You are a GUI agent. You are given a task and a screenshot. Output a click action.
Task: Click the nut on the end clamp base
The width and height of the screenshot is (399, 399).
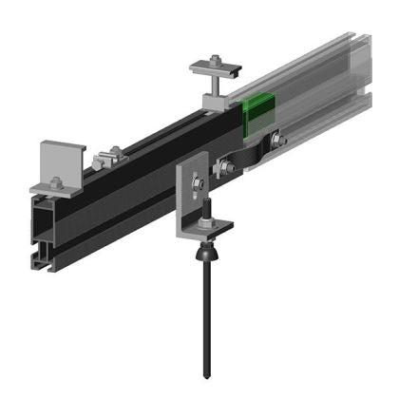click(56, 183)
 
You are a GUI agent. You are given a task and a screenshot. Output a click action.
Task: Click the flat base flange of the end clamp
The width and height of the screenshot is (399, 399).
click(57, 189)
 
